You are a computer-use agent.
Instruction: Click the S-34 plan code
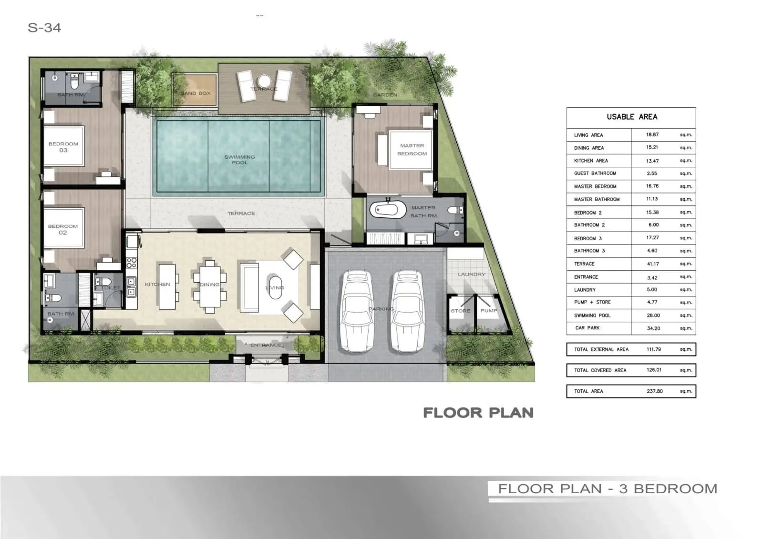click(x=44, y=28)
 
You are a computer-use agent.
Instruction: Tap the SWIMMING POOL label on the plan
click(x=239, y=160)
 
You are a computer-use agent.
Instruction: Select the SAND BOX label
click(x=195, y=93)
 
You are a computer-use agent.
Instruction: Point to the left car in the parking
click(x=357, y=311)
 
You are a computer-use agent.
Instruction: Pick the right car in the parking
click(x=407, y=311)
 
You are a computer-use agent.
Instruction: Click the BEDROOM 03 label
click(x=63, y=147)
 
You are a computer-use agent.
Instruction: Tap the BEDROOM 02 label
click(x=62, y=229)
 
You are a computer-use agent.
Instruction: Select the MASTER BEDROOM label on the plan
click(x=412, y=150)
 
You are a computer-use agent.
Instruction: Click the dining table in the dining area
click(x=209, y=286)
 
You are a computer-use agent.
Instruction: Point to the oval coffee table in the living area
click(x=275, y=286)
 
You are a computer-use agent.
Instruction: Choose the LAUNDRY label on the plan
click(x=471, y=275)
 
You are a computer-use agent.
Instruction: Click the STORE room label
click(x=460, y=311)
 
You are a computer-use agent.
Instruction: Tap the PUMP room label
click(x=488, y=311)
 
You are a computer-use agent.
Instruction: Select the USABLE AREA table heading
click(x=631, y=117)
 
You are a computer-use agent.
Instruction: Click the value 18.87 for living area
click(x=652, y=135)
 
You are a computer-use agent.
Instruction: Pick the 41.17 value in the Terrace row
click(x=652, y=264)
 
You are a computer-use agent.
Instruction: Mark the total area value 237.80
click(x=654, y=391)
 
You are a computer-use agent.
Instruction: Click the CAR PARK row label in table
click(x=587, y=328)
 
